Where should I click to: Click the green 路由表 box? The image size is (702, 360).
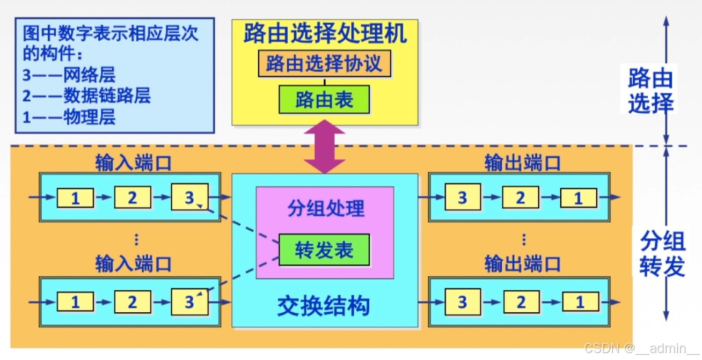(324, 99)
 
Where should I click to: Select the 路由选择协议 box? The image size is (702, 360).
(324, 64)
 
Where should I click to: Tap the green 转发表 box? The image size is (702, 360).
(324, 250)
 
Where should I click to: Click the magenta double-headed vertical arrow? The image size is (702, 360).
(324, 146)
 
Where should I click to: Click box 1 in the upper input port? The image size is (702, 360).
(75, 199)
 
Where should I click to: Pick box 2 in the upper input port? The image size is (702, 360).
(132, 198)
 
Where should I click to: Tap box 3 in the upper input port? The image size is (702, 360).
(189, 198)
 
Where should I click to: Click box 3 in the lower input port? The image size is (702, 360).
(189, 302)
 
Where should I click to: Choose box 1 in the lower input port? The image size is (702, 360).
(75, 302)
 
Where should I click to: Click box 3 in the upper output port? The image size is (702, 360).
(462, 198)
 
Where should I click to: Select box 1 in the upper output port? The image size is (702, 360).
(579, 199)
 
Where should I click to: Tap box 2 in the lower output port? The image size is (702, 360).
(521, 302)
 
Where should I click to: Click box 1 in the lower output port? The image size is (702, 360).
(580, 302)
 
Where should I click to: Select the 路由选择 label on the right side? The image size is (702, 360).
(650, 91)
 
